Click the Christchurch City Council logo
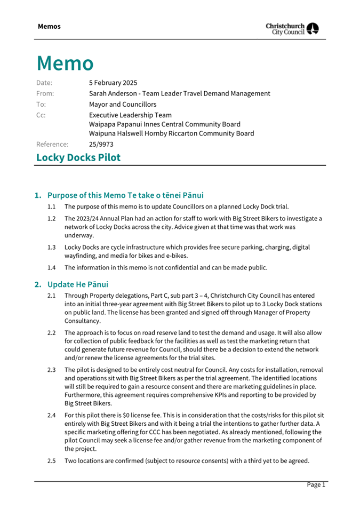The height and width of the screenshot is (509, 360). tap(292, 29)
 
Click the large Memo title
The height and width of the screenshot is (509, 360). tap(65, 63)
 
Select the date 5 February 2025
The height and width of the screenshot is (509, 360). tap(113, 83)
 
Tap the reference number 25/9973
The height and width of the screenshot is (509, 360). tap(101, 144)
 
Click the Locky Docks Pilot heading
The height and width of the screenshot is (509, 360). tap(78, 157)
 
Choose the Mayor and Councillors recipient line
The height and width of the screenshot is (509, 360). tap(123, 104)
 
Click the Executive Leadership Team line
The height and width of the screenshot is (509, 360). tap(130, 115)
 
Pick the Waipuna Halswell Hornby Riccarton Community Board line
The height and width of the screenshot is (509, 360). tap(171, 133)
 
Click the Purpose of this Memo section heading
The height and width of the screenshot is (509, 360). tap(125, 195)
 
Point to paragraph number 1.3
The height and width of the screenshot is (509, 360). tap(52, 248)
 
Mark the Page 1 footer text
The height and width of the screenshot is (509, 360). tap(315, 484)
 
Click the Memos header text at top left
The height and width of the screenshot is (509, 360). tap(49, 27)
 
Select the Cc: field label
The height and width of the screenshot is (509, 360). tap(41, 115)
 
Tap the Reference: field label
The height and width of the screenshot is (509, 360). tap(52, 144)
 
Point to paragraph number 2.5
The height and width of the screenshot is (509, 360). tap(52, 461)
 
